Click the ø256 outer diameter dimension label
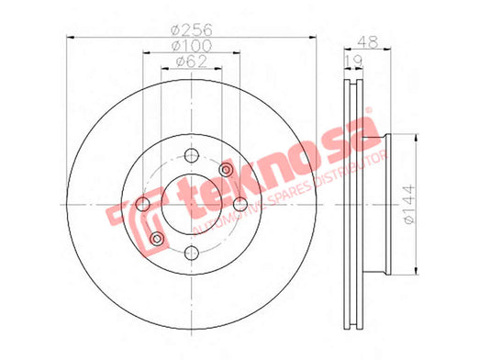(x=192, y=30)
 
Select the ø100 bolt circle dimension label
(x=192, y=46)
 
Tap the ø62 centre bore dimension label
(x=192, y=62)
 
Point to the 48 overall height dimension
(x=368, y=42)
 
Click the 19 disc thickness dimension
(x=354, y=62)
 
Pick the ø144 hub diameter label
(x=409, y=204)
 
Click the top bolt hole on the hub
(x=192, y=155)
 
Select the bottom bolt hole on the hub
(x=192, y=253)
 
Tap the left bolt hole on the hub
(x=142, y=204)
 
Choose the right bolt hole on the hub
(x=240, y=204)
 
